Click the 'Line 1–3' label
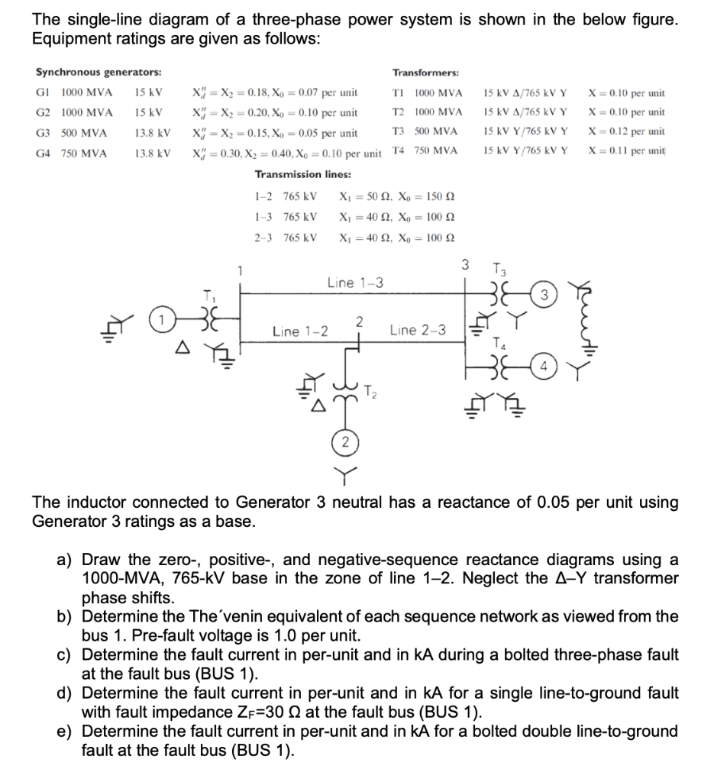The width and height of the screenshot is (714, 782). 355,283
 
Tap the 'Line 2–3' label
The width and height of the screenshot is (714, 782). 417,331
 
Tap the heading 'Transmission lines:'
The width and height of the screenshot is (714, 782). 302,174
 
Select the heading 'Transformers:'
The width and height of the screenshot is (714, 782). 425,73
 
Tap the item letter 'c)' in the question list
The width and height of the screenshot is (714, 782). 67,654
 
